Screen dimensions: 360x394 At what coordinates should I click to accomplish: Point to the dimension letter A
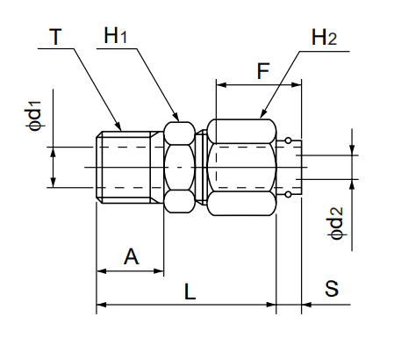[131, 256]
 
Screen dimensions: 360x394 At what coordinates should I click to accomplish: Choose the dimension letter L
[190, 290]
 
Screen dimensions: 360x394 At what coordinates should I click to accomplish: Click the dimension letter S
[331, 290]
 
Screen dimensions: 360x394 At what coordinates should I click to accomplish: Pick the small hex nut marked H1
[182, 167]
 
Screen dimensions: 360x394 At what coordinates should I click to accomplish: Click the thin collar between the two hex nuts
[204, 167]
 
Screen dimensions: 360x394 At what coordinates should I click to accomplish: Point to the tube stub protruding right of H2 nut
[292, 167]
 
